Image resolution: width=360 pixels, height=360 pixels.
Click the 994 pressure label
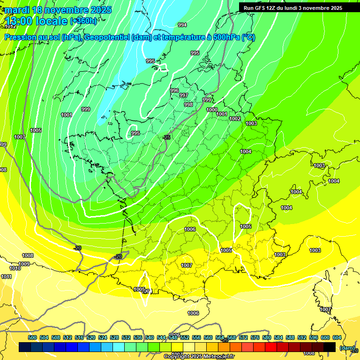coord(182,25)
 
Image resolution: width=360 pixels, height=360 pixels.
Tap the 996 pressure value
coord(174,90)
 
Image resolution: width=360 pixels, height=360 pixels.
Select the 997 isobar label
coord(184,96)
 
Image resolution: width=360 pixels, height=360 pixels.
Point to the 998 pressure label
coord(188,105)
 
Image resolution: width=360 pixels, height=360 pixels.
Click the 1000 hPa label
coord(212,110)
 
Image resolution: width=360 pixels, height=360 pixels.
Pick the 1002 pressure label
coord(235,119)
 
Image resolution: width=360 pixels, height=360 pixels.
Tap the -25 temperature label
coord(166,137)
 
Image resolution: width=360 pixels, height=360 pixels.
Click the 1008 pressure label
coord(28,255)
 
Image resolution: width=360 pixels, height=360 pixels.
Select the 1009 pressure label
coord(24,264)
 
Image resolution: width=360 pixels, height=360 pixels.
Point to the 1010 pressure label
coord(15,268)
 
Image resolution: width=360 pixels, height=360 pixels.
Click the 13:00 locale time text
coord(37,21)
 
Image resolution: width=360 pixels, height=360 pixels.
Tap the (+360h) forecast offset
coord(83,21)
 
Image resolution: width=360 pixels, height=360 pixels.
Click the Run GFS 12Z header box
coord(293,8)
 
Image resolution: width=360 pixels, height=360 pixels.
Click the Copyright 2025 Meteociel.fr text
coord(198,357)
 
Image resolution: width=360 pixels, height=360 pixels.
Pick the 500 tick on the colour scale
coord(32,337)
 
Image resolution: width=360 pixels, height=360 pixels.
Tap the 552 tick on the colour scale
coord(184,337)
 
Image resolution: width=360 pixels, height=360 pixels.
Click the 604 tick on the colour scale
coord(337,337)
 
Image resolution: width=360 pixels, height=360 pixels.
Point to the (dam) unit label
coord(347,348)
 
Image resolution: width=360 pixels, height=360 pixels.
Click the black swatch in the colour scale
coord(330,347)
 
